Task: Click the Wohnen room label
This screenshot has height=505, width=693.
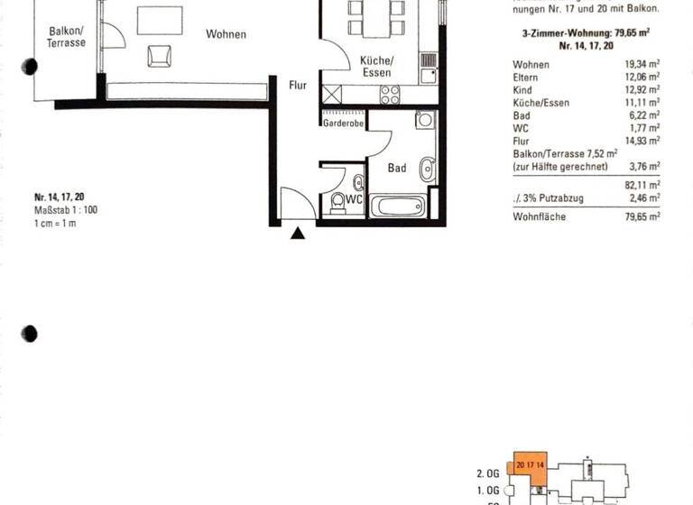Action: [226, 35]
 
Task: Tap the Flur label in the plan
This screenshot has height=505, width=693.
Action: [299, 87]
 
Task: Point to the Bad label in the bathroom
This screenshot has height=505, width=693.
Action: [397, 168]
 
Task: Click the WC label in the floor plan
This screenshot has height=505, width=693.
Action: [356, 199]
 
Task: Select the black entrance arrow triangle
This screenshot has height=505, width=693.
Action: [298, 234]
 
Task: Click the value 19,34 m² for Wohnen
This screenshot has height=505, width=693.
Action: [642, 65]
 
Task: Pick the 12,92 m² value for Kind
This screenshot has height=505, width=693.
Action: [642, 90]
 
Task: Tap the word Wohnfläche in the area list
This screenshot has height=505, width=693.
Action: [539, 216]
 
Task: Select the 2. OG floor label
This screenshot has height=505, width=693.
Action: [487, 472]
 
